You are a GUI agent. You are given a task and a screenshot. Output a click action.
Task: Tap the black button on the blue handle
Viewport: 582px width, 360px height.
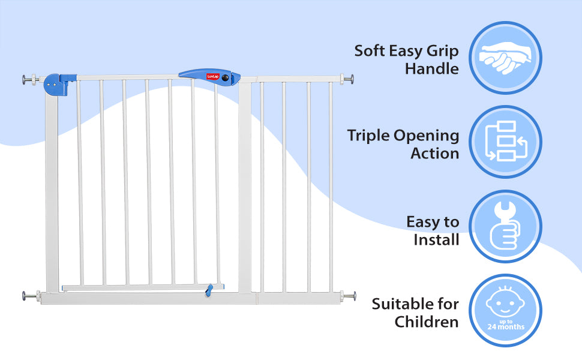226,78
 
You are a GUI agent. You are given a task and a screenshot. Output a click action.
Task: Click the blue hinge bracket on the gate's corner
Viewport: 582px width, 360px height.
57,85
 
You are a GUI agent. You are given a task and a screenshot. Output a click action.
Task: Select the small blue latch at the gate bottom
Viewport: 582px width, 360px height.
208,290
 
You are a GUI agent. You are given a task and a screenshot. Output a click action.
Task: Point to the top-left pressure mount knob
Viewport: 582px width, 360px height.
28,80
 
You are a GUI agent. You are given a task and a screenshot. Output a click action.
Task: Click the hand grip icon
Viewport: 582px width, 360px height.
505,58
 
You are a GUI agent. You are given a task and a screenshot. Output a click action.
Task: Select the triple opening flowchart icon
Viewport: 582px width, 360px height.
505,142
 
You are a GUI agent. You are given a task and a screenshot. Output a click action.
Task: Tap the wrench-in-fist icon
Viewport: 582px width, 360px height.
505,227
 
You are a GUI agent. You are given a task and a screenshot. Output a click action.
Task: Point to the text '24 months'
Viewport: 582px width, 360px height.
505,327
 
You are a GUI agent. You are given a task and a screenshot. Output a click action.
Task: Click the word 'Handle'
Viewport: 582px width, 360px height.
432,68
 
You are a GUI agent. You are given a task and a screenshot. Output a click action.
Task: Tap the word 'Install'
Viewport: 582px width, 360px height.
436,240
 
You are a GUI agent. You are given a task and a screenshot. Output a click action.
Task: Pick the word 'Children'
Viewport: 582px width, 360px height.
427,322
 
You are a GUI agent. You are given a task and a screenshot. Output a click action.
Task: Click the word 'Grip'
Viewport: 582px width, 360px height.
443,50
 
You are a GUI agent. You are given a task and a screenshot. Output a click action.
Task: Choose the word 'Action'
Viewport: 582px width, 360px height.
435,154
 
